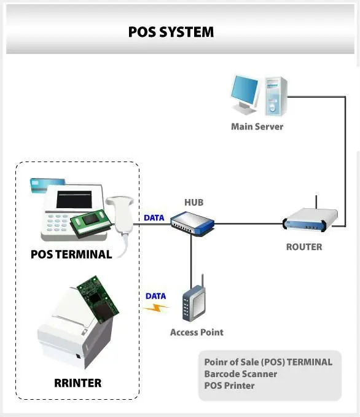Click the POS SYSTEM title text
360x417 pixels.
(171, 32)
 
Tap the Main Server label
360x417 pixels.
(257, 127)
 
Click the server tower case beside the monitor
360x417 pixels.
(276, 96)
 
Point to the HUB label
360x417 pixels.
(194, 203)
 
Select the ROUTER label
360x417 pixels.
(304, 247)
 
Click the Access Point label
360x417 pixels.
(197, 332)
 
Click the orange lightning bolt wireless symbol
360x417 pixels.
(156, 308)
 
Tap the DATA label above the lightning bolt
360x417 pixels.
(155, 296)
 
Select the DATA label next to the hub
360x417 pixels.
(154, 218)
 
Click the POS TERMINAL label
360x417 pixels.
(71, 254)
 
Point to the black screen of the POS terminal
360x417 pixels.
(74, 200)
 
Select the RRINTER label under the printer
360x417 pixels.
(77, 383)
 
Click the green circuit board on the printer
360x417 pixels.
(98, 300)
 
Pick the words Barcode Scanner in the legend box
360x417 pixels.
(241, 374)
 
